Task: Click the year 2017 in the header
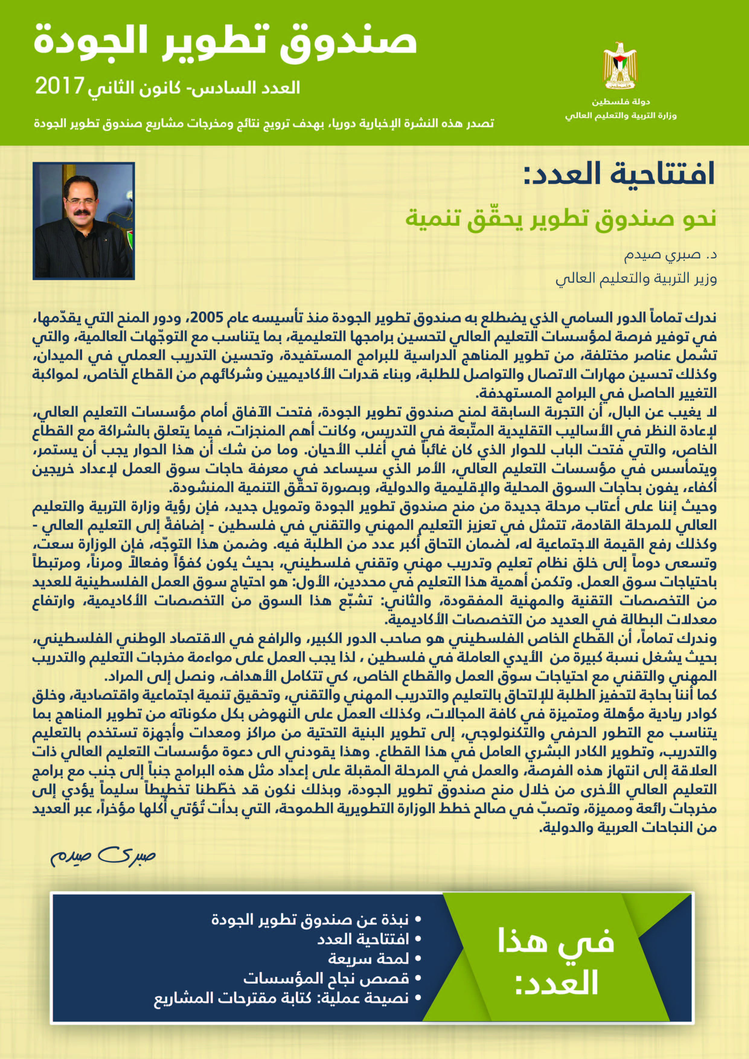pyautogui.click(x=59, y=86)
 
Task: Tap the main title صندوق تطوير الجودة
pyautogui.click(x=226, y=43)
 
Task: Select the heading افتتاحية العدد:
pyautogui.click(x=619, y=174)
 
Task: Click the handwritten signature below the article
pyautogui.click(x=103, y=856)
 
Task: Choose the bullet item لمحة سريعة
pyautogui.click(x=369, y=959)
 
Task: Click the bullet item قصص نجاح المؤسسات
pyautogui.click(x=326, y=978)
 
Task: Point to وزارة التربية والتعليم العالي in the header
pyautogui.click(x=621, y=115)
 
